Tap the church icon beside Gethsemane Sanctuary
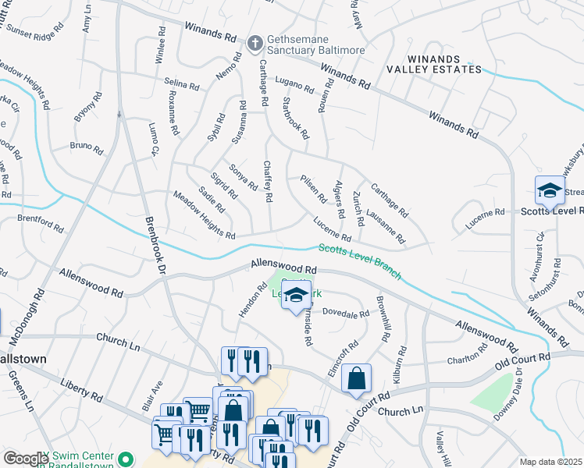coord(255,44)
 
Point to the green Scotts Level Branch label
coord(360,260)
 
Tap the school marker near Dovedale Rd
coord(295,296)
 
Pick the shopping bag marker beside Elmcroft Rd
coord(356,379)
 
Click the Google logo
coord(26,458)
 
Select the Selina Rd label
coord(183,82)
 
